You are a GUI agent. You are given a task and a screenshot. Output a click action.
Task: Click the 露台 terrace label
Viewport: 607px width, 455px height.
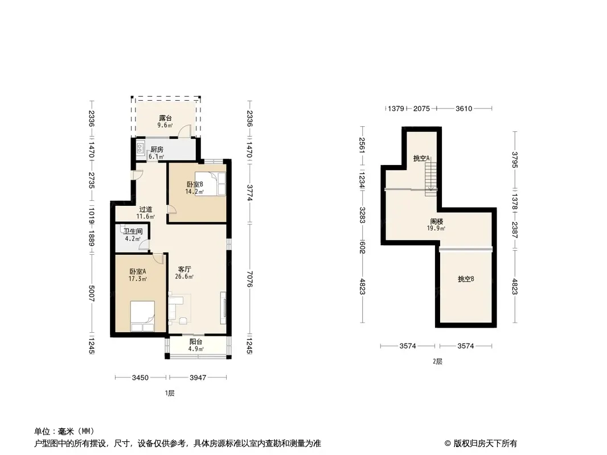click(x=165, y=118)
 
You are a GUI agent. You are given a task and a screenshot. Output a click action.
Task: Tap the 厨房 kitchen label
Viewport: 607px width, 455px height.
click(x=157, y=150)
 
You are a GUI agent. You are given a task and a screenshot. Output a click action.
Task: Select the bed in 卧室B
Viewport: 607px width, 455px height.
click(x=210, y=184)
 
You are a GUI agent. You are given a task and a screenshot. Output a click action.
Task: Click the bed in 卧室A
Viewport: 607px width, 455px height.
click(x=142, y=316)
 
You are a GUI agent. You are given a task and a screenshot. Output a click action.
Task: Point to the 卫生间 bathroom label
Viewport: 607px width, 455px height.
click(x=133, y=231)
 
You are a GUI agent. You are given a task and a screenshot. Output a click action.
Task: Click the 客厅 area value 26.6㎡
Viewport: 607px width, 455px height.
click(x=184, y=276)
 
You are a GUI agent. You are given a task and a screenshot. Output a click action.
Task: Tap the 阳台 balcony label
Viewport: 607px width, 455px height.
click(x=196, y=342)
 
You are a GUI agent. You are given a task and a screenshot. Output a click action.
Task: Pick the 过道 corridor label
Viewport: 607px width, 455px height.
click(x=146, y=209)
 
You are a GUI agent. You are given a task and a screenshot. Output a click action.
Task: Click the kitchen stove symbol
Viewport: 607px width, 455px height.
click(x=140, y=148)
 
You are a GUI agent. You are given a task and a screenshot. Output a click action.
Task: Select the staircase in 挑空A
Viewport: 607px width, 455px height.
click(x=431, y=179)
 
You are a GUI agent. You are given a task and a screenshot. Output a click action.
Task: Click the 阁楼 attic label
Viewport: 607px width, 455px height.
click(x=436, y=221)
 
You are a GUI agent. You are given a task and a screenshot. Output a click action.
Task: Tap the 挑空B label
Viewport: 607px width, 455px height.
click(x=466, y=279)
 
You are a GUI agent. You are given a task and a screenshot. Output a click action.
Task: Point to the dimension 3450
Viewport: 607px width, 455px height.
click(x=140, y=377)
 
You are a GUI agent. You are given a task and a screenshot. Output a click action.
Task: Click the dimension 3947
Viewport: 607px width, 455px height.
click(x=198, y=377)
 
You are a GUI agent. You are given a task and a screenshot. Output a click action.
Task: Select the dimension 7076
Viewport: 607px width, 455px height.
click(x=250, y=279)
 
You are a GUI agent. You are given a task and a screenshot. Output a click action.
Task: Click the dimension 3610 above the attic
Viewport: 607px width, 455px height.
click(x=464, y=109)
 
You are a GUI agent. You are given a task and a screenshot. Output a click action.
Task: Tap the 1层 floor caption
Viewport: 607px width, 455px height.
click(x=170, y=393)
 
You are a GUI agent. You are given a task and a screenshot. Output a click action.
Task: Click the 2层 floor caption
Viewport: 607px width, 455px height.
click(x=437, y=362)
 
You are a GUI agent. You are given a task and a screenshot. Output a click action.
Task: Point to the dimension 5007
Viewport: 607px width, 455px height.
click(x=91, y=294)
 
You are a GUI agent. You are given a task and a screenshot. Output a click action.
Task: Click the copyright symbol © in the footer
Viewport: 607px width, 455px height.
click(x=448, y=444)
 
